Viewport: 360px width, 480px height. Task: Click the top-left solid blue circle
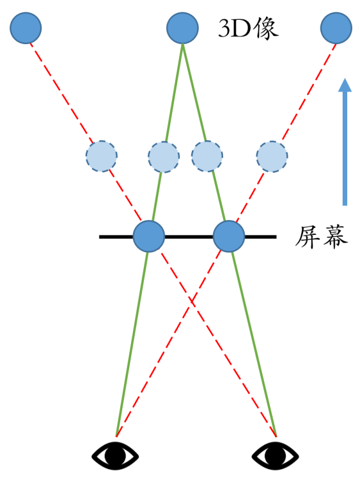pyautogui.click(x=26, y=28)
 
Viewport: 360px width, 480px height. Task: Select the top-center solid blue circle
pyautogui.click(x=182, y=28)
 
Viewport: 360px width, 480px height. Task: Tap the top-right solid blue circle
pyautogui.click(x=336, y=28)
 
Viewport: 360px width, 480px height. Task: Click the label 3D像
pyautogui.click(x=248, y=28)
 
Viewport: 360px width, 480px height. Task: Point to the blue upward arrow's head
pyautogui.click(x=345, y=85)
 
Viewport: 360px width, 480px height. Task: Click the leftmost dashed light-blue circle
pyautogui.click(x=101, y=156)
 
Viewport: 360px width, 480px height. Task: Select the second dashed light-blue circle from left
pyautogui.click(x=164, y=157)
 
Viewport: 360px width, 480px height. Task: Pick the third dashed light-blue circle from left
pyautogui.click(x=207, y=156)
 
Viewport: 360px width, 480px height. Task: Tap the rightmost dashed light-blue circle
pyautogui.click(x=272, y=156)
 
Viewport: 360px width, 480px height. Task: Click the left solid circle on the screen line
pyautogui.click(x=149, y=236)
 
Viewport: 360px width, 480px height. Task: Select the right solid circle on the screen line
pyautogui.click(x=229, y=236)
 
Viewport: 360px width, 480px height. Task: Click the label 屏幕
pyautogui.click(x=321, y=237)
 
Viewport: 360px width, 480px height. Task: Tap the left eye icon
pyautogui.click(x=115, y=456)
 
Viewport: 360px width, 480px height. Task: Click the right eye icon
pyautogui.click(x=275, y=456)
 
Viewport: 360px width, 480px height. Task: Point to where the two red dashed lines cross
pyautogui.click(x=191, y=302)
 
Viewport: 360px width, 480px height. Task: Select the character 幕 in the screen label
pyautogui.click(x=335, y=237)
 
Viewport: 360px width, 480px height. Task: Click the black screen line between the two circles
pyautogui.click(x=189, y=237)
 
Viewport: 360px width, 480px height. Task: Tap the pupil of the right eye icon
pyautogui.click(x=275, y=456)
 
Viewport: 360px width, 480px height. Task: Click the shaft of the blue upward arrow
pyautogui.click(x=345, y=148)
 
